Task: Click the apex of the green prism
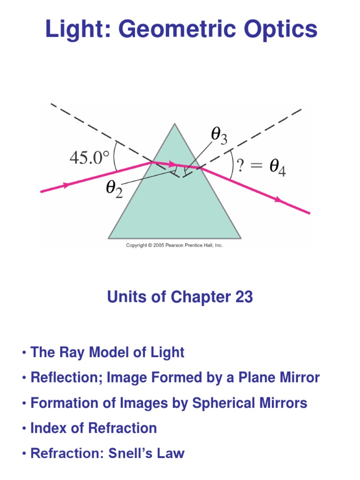[175, 124]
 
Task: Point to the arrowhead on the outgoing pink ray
[279, 200]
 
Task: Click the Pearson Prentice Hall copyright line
[174, 245]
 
